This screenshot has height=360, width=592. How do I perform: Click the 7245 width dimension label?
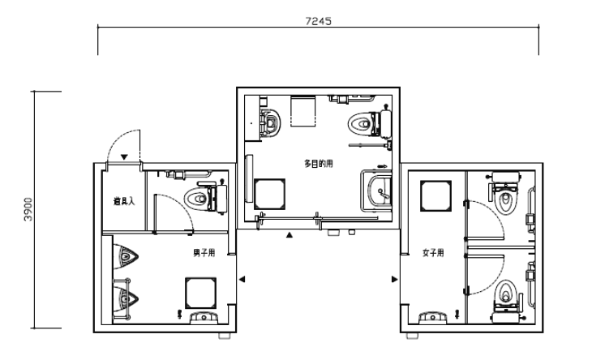tap(318, 21)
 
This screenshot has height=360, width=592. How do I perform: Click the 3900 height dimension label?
tap(28, 209)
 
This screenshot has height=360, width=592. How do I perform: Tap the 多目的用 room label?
tap(319, 164)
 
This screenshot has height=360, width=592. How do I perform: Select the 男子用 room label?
tap(204, 252)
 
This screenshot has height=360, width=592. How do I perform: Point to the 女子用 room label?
tap(433, 252)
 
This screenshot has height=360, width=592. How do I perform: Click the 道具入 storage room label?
tap(124, 201)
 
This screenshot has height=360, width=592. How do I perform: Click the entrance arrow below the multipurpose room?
tap(290, 235)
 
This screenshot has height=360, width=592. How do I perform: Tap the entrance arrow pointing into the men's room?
tap(242, 279)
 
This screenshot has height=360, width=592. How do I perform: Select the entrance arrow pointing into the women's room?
tap(395, 279)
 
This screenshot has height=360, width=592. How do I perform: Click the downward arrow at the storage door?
tap(124, 157)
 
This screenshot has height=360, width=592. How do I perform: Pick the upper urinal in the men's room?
tap(126, 256)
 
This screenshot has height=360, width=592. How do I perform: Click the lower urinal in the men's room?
tap(126, 299)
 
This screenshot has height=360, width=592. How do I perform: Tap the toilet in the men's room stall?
tap(206, 197)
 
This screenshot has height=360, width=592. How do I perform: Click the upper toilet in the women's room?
tap(505, 193)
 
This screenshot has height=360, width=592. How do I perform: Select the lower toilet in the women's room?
tap(505, 301)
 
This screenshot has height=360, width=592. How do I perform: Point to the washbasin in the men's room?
tap(204, 317)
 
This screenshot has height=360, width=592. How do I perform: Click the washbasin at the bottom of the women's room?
tap(433, 317)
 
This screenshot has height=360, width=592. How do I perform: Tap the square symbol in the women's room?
tap(436, 196)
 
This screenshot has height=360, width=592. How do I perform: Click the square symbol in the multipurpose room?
tap(269, 194)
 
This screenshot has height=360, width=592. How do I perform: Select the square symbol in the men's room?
tap(201, 293)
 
